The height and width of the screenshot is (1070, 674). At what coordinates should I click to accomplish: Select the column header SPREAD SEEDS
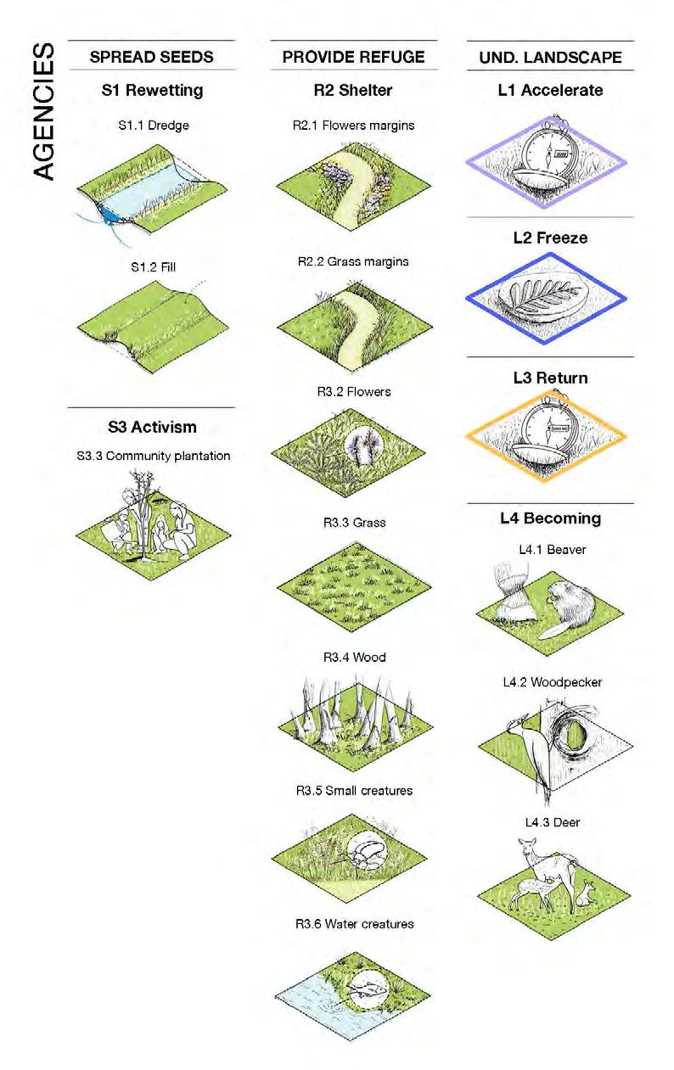click(x=151, y=58)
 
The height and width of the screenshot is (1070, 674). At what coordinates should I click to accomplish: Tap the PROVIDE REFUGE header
click(x=353, y=58)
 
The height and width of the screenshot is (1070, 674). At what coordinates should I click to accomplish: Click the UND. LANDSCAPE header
click(x=548, y=59)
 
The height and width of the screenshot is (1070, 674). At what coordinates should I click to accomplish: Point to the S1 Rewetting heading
click(x=152, y=90)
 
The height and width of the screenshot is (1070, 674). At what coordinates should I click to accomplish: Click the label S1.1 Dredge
click(x=153, y=126)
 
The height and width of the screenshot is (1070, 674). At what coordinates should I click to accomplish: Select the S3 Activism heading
click(x=152, y=427)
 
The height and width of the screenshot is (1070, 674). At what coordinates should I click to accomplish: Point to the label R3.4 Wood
click(x=354, y=658)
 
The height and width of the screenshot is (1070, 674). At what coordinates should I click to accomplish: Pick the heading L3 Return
click(x=550, y=378)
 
